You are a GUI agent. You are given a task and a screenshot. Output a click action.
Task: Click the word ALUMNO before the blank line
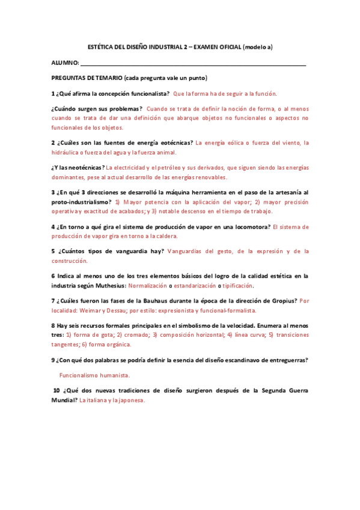point(64,63)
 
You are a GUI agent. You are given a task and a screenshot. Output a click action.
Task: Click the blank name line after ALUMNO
point(192,64)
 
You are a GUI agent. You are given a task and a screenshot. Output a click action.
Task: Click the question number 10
point(56,390)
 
